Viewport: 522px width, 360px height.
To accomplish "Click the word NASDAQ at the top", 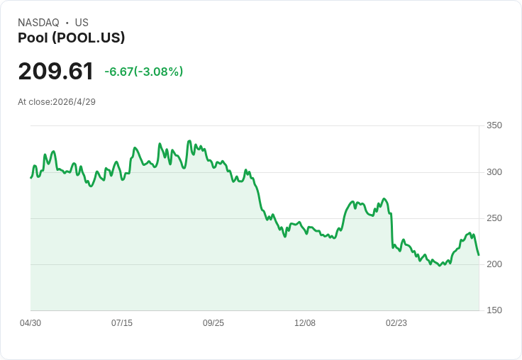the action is click(38, 23).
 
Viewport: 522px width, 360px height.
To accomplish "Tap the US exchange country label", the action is click(82, 23).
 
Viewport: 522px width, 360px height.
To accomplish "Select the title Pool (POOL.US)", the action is click(71, 38).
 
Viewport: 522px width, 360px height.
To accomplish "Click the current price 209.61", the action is click(55, 71).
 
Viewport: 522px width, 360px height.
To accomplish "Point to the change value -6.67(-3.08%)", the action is click(144, 72).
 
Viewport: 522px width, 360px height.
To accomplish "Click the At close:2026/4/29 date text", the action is click(57, 102).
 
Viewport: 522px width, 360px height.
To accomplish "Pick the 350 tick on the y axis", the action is click(494, 125).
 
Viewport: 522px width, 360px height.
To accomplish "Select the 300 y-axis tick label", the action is click(494, 172).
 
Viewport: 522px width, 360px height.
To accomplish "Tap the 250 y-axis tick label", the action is click(494, 218).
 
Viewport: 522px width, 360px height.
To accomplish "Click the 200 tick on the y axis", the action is click(494, 264).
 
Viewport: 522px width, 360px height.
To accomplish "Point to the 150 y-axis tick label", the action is click(494, 310).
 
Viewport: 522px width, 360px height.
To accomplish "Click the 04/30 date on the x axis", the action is click(30, 323).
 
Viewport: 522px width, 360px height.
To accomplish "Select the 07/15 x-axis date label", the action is click(122, 323).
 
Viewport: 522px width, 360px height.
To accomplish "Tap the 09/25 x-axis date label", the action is click(213, 323).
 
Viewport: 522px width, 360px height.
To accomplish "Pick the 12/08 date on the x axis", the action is click(305, 323).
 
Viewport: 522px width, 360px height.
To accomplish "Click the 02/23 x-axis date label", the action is click(396, 323).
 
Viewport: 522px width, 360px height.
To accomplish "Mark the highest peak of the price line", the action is click(189, 141).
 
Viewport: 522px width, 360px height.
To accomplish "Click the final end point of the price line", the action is click(479, 255).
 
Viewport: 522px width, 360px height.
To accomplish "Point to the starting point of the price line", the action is click(31, 178).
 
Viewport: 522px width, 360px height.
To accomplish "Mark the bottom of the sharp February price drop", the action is click(393, 248).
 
